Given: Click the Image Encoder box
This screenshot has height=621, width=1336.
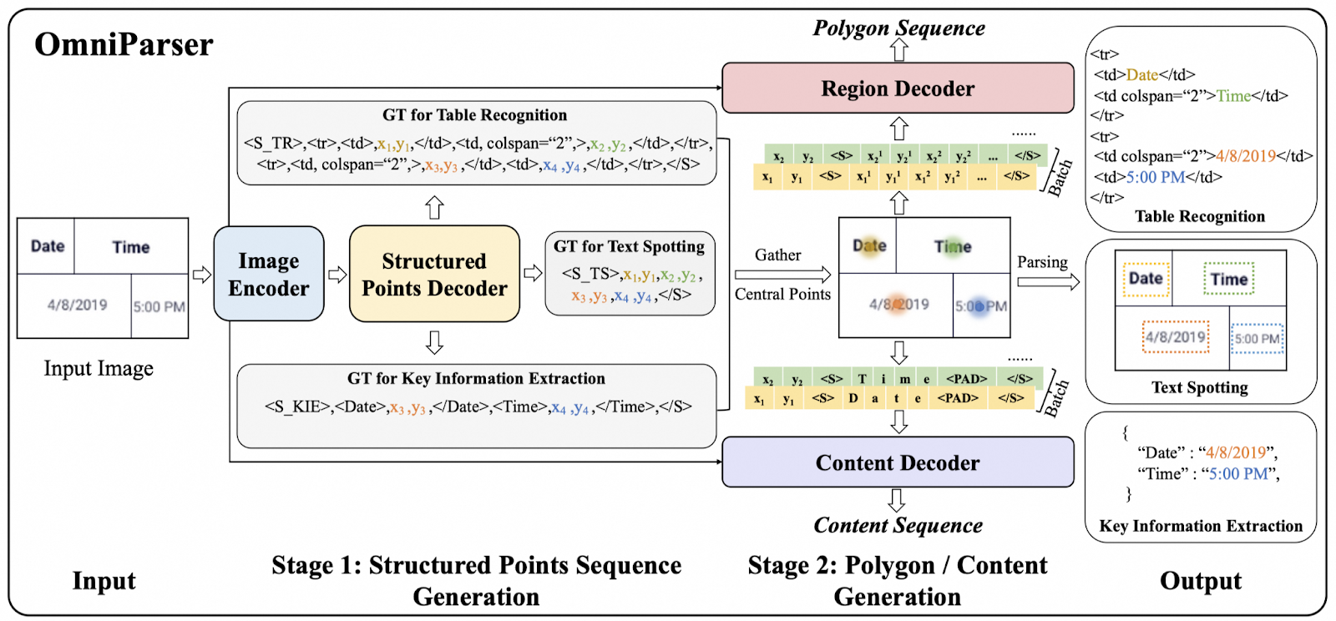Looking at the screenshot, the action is [269, 274].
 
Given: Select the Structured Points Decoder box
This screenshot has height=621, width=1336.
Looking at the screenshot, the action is [434, 274].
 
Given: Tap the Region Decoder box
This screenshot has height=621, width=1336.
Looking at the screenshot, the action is [898, 88].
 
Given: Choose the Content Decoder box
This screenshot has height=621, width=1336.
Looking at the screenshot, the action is [898, 462].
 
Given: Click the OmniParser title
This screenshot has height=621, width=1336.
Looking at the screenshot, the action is [124, 45].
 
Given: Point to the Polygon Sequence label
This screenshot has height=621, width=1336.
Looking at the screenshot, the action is [898, 28].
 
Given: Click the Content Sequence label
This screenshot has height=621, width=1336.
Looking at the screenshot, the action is [898, 525].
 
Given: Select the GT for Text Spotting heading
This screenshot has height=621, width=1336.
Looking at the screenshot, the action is [630, 246].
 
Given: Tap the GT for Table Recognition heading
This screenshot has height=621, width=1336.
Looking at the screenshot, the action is [475, 114].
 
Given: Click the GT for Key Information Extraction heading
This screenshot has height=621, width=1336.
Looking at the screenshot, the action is [476, 378].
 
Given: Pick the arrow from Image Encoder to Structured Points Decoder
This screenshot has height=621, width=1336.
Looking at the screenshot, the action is [337, 275].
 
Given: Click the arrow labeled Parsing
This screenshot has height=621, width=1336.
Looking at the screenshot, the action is [1049, 281].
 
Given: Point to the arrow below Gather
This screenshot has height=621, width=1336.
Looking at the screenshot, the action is [782, 275].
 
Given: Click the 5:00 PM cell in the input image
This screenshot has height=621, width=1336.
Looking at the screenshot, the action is [159, 306].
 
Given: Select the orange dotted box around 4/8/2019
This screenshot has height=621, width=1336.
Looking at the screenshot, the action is [1176, 336].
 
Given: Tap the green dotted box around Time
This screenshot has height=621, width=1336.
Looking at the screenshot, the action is [1228, 278].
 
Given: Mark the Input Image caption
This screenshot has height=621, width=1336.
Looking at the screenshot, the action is [99, 368].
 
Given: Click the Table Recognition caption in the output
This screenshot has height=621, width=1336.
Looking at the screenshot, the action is [1199, 216].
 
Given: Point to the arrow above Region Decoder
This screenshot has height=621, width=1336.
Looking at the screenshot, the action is [898, 50].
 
